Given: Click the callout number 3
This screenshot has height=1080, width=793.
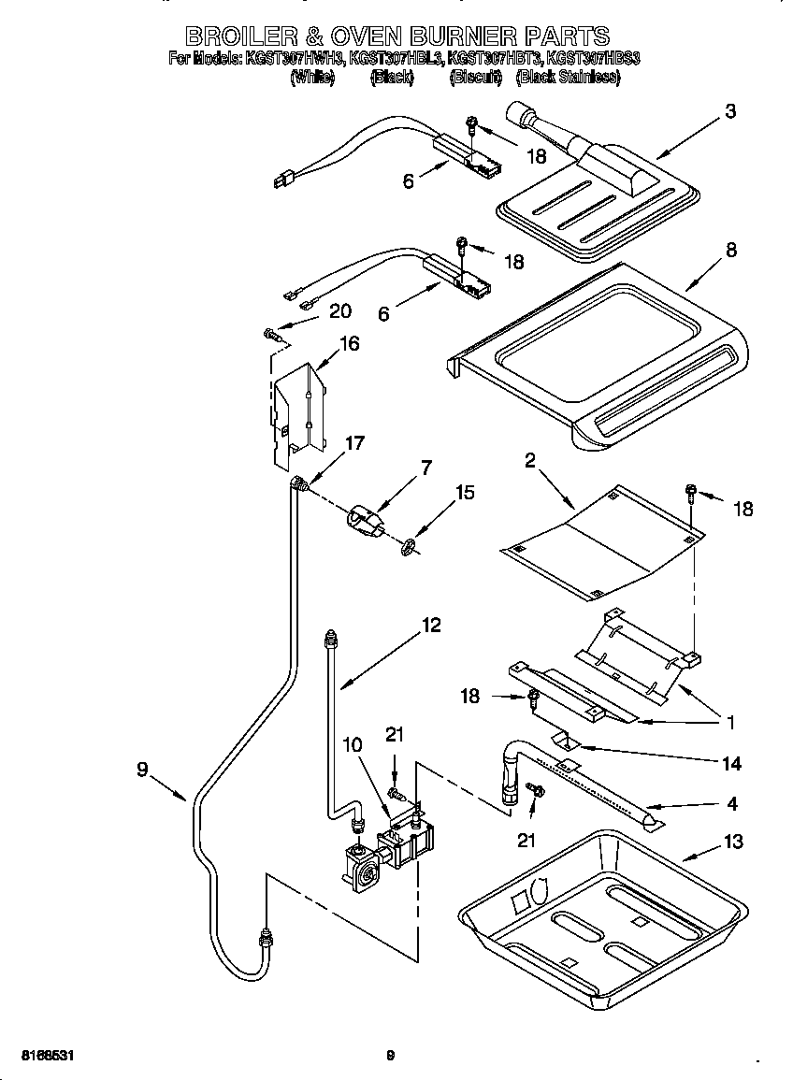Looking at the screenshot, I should click(729, 111).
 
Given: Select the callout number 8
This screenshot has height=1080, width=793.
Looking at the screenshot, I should click(730, 250).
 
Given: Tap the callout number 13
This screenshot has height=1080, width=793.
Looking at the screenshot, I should click(733, 842).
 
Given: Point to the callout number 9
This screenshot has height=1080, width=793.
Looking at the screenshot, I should click(142, 770).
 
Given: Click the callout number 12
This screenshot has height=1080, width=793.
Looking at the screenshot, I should click(430, 626).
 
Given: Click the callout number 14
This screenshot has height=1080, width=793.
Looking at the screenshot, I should click(731, 764).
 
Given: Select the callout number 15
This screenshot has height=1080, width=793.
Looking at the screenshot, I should click(465, 493).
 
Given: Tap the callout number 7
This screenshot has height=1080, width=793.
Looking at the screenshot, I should click(426, 468).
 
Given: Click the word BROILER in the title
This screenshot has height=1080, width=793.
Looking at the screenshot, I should click(241, 36).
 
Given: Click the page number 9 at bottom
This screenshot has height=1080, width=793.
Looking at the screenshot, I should click(391, 1056).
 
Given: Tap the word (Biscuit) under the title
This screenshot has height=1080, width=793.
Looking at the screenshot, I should click(476, 78).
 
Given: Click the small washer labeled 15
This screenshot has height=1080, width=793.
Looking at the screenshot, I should click(409, 547).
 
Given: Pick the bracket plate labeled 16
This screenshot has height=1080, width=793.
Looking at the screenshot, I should click(297, 416).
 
